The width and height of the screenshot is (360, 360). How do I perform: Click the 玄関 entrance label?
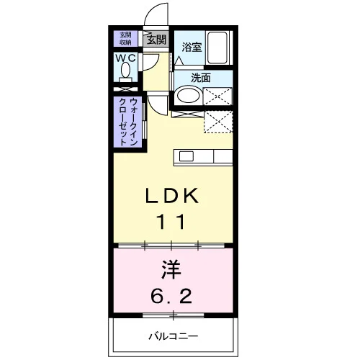pyautogui.click(x=156, y=40)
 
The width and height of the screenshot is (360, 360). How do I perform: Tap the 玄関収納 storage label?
pyautogui.click(x=125, y=38)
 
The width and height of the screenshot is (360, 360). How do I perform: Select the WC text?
pyautogui.click(x=125, y=58)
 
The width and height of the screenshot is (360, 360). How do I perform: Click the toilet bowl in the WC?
pyautogui.click(x=125, y=70)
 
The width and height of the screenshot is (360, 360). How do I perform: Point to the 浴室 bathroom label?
pyautogui.click(x=192, y=47)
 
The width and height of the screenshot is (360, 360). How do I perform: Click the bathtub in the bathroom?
pyautogui.click(x=217, y=48)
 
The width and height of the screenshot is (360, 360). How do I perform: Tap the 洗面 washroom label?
pyautogui.click(x=201, y=78)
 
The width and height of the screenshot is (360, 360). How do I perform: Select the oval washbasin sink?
pyautogui.click(x=189, y=96)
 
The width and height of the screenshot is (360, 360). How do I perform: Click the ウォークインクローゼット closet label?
pyautogui.click(x=128, y=122)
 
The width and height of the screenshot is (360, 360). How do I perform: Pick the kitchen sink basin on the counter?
pyautogui.click(x=186, y=156)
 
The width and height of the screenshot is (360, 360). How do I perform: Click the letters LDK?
pyautogui.click(x=172, y=196)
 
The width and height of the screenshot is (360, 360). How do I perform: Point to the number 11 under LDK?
pyautogui.click(x=171, y=222)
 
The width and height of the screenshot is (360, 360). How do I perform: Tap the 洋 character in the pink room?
pyautogui.click(x=171, y=269)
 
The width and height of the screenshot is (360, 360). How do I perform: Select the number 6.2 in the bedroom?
pyautogui.click(x=171, y=296)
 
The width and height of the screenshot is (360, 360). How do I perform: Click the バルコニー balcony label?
pyautogui.click(x=174, y=336)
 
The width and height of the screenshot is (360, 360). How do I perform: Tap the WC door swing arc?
pyautogui.click(x=156, y=65)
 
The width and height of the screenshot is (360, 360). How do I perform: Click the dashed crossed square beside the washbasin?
pyautogui.click(x=217, y=96)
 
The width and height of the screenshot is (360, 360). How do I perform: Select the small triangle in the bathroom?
pyautogui.click(x=179, y=61)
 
